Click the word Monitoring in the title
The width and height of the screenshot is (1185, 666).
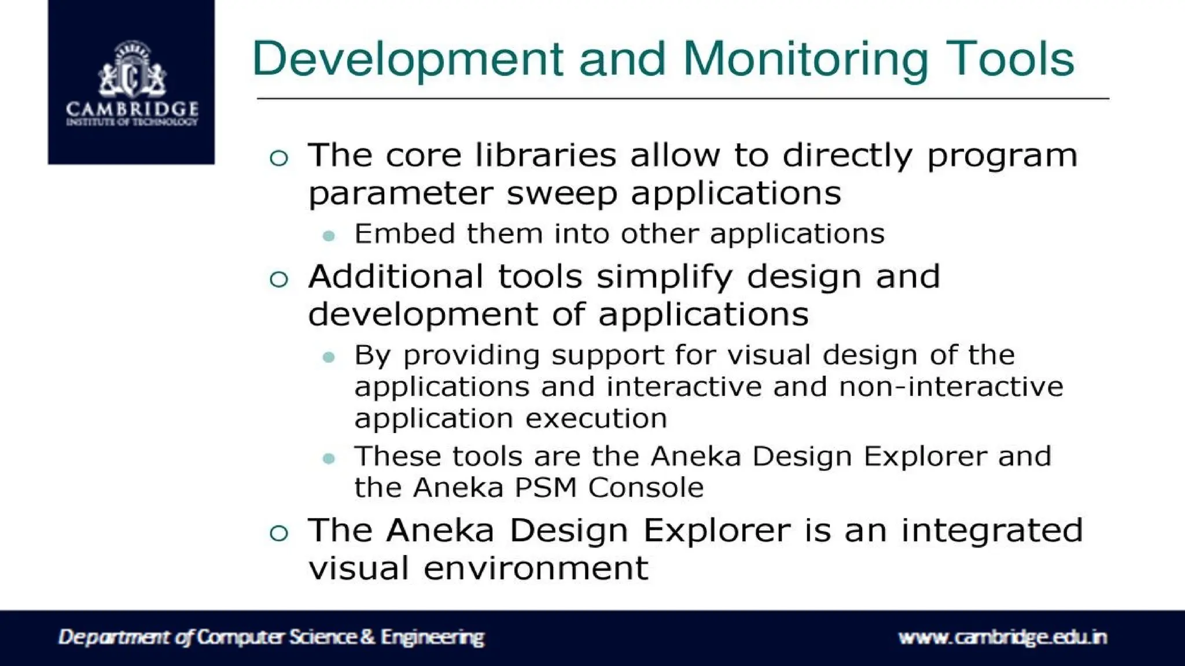[x=806, y=60]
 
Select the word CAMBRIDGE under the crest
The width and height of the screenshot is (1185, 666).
[x=132, y=109]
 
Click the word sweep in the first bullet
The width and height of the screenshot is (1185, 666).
[x=562, y=193]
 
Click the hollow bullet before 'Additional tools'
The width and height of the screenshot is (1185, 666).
[x=279, y=279]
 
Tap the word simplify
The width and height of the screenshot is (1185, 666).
[x=665, y=277]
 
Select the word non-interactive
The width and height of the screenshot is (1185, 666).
[x=951, y=386]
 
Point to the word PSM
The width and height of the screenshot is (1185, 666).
[x=546, y=487]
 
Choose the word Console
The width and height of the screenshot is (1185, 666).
[x=646, y=487]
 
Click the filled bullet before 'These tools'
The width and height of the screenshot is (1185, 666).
[x=329, y=459]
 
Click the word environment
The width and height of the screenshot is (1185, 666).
[x=536, y=568]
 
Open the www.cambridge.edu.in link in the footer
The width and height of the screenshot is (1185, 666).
[x=1002, y=637]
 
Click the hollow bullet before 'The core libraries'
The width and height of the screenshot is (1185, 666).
[x=279, y=158]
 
